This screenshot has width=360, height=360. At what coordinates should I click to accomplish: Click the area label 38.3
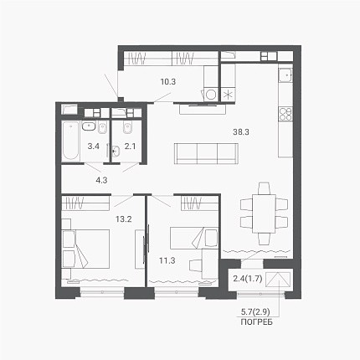241,132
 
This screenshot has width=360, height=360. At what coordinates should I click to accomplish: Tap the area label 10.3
168,82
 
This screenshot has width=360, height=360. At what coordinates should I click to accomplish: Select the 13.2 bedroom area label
124,219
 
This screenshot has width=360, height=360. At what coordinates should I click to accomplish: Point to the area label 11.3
167,260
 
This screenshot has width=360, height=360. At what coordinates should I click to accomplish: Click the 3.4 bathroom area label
94,146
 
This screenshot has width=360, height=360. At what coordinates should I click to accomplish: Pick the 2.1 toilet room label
130,146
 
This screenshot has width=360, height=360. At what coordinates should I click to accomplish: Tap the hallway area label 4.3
101,180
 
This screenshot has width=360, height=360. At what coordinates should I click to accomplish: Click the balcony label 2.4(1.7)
248,278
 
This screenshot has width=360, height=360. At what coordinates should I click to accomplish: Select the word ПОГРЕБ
256,322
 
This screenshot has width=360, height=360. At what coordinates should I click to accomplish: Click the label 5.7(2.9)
255,311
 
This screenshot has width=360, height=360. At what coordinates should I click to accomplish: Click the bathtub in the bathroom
70,141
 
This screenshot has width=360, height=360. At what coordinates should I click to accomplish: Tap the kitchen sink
285,75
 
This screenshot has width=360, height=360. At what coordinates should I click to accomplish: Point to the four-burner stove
285,114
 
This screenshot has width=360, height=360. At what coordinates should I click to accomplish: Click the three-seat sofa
206,154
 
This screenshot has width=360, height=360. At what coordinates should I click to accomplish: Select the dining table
264,213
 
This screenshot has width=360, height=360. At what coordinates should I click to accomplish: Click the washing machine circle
211,95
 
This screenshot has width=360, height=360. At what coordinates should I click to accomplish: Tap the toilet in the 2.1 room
128,127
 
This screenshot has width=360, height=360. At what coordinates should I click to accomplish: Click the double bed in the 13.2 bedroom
85,249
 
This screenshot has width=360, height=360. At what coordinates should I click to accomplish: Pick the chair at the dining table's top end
264,188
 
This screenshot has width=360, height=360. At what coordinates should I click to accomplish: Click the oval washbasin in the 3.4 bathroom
89,126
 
